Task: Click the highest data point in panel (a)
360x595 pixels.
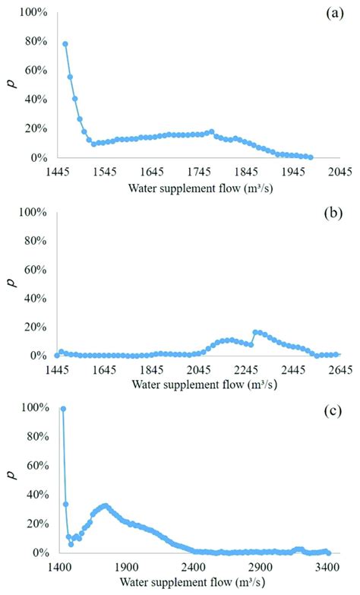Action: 65,44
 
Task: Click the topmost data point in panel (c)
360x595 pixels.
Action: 63,409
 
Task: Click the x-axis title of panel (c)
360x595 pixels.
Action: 197,582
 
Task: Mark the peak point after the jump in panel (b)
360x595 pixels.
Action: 255,332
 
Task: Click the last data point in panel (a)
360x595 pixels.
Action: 310,157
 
